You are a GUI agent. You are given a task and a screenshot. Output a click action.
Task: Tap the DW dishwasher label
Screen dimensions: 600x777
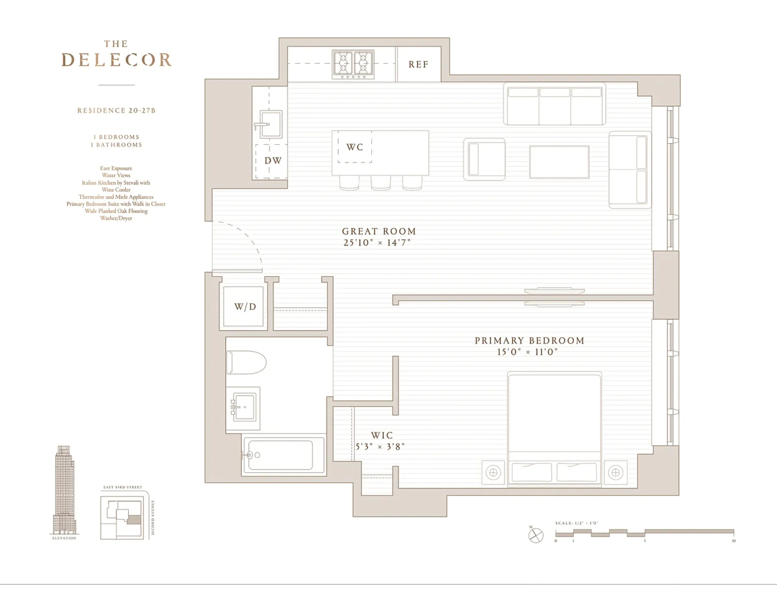pyautogui.click(x=273, y=161)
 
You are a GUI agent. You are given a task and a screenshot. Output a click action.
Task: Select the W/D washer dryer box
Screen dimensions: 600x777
pyautogui.click(x=245, y=306)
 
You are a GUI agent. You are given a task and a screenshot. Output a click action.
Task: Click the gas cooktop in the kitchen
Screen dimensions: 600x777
pyautogui.click(x=353, y=64)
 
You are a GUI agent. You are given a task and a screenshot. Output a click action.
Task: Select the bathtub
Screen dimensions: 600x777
pyautogui.click(x=283, y=455)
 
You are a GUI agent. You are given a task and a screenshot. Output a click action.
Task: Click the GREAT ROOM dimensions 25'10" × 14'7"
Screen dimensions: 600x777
pyautogui.click(x=377, y=243)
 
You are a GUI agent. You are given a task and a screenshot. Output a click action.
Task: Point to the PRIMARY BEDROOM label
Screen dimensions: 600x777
pyautogui.click(x=529, y=340)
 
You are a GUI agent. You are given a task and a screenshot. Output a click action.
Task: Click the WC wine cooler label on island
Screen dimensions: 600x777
pyautogui.click(x=355, y=147)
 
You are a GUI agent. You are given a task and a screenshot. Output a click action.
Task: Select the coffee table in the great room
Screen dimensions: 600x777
pyautogui.click(x=559, y=162)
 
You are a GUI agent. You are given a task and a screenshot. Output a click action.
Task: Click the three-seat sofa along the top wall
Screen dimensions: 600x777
pyautogui.click(x=554, y=104)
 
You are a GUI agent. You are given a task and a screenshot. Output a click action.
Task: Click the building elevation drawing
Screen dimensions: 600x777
pyautogui.click(x=64, y=491)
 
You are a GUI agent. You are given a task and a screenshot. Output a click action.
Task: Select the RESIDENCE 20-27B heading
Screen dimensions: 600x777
pyautogui.click(x=116, y=111)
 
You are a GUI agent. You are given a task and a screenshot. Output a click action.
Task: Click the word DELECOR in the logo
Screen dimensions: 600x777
pyautogui.click(x=116, y=60)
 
